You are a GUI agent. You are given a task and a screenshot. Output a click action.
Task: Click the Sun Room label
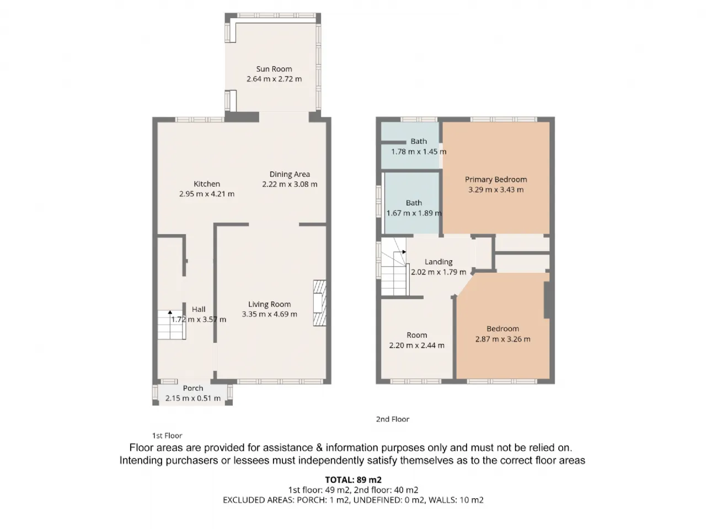274,69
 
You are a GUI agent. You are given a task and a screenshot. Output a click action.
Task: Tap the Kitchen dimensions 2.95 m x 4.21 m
206,193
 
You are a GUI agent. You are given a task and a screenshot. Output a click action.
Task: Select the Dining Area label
290,174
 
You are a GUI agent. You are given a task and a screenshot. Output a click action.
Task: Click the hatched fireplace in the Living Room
319,303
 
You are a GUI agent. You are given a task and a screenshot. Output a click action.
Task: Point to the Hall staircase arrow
170,312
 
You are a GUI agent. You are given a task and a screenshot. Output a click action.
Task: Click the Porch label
192,388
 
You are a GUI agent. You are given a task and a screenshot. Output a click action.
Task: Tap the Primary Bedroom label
496,179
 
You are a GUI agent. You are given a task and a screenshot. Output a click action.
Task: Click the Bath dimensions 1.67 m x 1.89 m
414,213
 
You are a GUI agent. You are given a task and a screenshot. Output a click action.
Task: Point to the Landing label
438,262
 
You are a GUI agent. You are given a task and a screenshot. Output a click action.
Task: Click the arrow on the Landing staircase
404,252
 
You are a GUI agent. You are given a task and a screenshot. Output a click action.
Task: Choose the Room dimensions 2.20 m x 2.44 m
416,346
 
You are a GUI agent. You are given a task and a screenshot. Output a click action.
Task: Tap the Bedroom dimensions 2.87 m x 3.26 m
502,339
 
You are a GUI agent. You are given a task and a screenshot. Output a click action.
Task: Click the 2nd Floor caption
392,419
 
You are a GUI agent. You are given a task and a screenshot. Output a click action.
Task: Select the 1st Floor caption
167,435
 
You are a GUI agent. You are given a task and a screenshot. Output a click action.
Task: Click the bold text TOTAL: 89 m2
353,480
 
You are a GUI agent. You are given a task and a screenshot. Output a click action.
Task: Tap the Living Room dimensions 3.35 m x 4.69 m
269,314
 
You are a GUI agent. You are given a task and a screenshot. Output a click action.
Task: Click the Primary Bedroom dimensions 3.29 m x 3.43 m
496,190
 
